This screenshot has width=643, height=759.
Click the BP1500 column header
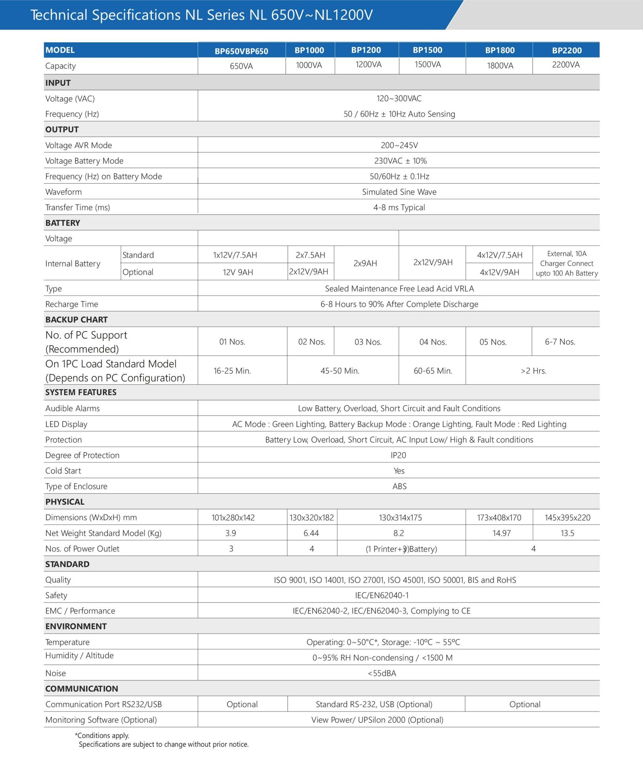[427, 50]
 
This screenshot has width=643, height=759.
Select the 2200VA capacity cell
[566, 65]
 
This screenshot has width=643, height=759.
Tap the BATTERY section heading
[62, 223]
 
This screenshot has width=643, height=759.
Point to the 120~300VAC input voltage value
[399, 98]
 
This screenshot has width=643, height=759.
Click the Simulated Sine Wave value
[399, 192]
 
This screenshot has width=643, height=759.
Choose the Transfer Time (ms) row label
[77, 208]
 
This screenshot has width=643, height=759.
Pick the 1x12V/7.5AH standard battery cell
[235, 255]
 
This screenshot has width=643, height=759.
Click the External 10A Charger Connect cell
[566, 263]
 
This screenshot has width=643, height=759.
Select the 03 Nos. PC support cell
[368, 342]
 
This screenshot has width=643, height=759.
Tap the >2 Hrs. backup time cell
[533, 371]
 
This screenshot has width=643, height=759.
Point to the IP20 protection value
[398, 455]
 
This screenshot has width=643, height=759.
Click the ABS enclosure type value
[399, 487]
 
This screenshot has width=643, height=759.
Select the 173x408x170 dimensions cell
[499, 518]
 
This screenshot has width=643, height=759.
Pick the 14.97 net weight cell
[501, 533]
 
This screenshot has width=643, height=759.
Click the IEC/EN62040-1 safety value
[382, 595]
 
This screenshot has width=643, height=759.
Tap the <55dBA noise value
[382, 673]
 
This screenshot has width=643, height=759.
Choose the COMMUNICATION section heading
[81, 689]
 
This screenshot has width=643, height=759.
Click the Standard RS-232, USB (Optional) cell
[374, 704]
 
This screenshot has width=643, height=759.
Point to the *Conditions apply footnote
[102, 735]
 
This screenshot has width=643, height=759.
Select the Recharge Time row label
[72, 304]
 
